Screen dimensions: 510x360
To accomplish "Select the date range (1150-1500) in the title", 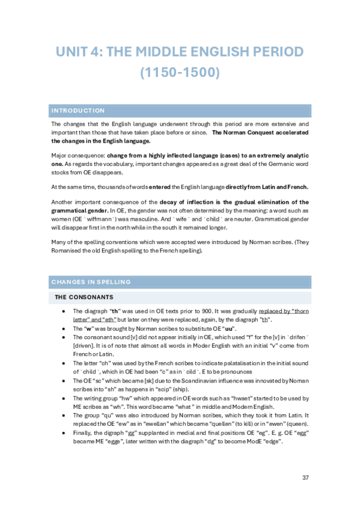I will (x=180, y=73).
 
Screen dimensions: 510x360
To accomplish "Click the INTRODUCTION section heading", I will (x=78, y=111).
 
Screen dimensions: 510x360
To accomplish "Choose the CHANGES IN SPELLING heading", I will (x=91, y=281).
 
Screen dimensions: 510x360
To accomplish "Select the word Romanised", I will (x=72, y=251).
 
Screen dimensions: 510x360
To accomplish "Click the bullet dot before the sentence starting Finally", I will (x=64, y=433).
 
